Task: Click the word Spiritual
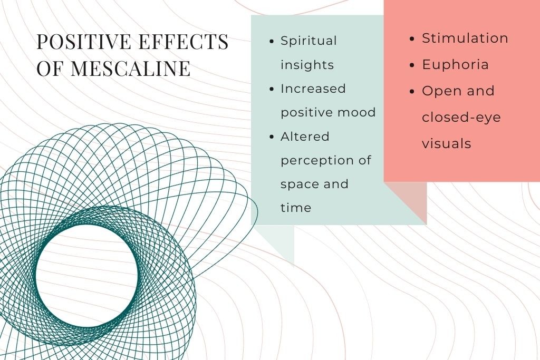[308, 41]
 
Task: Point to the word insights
[307, 65]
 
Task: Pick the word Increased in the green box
[313, 89]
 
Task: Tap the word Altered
[305, 137]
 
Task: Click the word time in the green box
[295, 208]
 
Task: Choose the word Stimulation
[465, 38]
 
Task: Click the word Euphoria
[455, 65]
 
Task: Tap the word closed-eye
[461, 117]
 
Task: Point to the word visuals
[446, 143]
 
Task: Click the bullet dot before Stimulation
[412, 39]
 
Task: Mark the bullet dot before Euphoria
[412, 65]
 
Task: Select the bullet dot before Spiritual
[271, 42]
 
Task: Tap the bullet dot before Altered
[271, 137]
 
